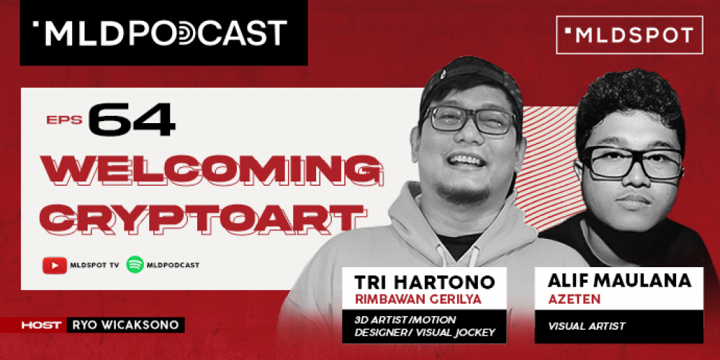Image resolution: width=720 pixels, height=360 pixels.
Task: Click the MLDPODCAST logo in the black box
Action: click(x=160, y=33)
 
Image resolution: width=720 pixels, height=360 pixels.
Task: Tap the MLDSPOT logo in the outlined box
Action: click(x=629, y=35)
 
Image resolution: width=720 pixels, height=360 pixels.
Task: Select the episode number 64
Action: click(x=132, y=120)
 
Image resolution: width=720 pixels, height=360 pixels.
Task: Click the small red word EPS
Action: click(x=64, y=120)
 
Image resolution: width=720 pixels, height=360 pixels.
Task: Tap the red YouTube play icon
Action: click(x=55, y=265)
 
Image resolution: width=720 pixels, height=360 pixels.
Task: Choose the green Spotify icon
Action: click(x=135, y=265)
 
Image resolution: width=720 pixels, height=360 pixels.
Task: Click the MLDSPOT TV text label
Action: click(x=94, y=265)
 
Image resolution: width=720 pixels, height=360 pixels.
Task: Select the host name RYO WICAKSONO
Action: click(x=125, y=325)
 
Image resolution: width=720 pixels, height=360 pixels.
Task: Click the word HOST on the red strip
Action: click(x=41, y=325)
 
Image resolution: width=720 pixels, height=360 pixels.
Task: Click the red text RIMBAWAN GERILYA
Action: click(x=418, y=299)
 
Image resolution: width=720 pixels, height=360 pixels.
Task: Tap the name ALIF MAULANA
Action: click(x=619, y=281)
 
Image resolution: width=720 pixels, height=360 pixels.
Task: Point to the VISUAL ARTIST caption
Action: click(x=586, y=326)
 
